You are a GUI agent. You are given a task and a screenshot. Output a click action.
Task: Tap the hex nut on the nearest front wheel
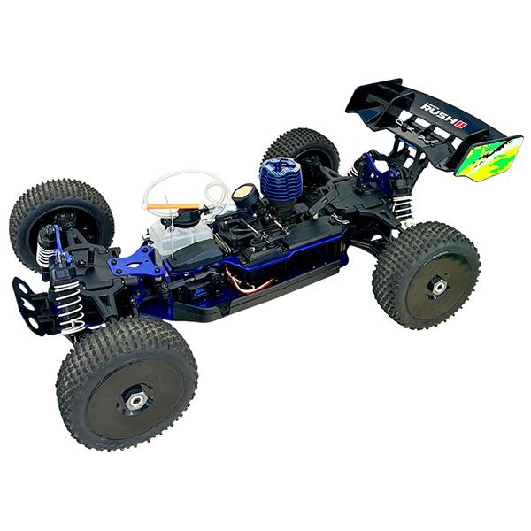135,400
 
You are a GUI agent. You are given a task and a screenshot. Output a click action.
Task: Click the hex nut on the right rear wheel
437,285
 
